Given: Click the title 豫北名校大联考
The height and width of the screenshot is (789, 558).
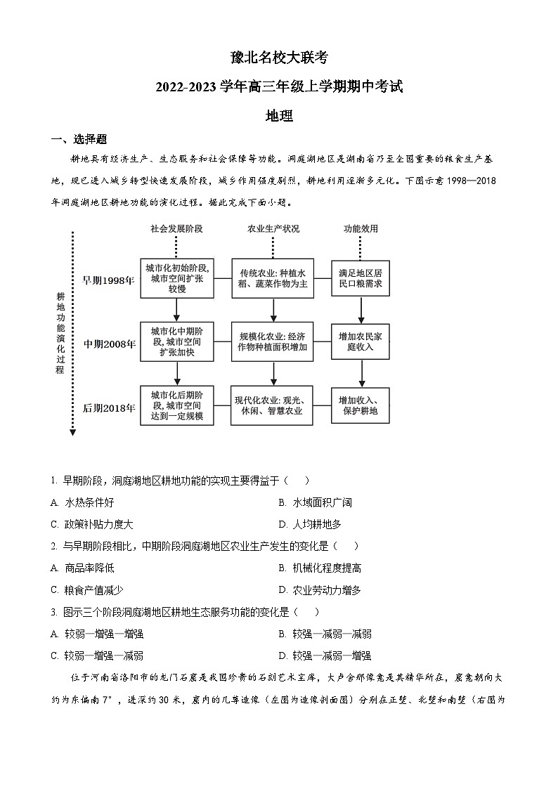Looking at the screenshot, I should coord(278,58).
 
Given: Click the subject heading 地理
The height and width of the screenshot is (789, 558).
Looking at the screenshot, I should coord(278,116).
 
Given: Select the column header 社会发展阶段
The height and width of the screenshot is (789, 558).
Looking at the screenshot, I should coord(176,229).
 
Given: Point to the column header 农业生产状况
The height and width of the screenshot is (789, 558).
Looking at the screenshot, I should coord(273,229).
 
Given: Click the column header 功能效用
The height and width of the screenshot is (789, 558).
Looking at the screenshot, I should coord(361,229).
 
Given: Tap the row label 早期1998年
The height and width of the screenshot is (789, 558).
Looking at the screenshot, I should coord(108,280).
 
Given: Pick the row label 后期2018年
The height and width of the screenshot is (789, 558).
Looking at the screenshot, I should coord(109,407).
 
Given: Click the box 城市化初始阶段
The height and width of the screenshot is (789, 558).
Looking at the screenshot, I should coord(176,278).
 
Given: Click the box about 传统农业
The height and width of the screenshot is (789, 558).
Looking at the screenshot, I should coord(273,278).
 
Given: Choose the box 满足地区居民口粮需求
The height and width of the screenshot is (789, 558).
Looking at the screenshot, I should coord(361,278).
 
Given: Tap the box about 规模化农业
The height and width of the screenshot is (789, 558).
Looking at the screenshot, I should coord(273,341).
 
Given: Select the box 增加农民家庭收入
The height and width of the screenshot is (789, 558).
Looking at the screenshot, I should coord(361,341).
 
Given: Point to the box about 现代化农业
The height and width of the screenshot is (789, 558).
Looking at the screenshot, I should coord(273,405).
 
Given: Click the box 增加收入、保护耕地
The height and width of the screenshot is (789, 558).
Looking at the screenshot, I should coord(361,405).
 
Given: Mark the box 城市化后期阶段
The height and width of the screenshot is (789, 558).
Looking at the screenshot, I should coord(176,405).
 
